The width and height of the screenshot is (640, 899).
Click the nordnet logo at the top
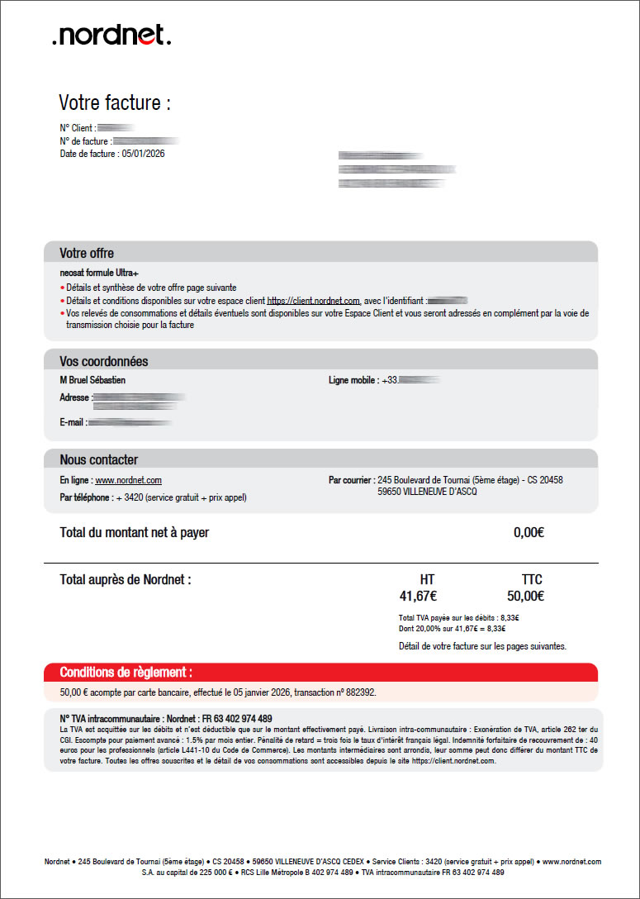[x=111, y=35]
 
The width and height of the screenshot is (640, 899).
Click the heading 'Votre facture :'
[x=115, y=103]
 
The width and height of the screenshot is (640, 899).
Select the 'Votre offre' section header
[x=87, y=253]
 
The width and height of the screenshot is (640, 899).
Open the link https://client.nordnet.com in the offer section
[x=314, y=301]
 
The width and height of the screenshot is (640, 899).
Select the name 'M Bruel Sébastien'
[x=93, y=380]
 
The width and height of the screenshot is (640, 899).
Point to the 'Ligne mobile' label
[x=353, y=380]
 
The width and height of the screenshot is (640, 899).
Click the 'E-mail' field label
[x=73, y=422]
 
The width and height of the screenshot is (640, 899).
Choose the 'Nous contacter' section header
[x=99, y=459]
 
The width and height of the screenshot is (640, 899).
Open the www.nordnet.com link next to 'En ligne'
[x=128, y=480]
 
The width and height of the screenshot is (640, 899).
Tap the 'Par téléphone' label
[x=86, y=497]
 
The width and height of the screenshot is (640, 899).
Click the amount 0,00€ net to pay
[x=529, y=533]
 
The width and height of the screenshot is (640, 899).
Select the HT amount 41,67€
[x=418, y=596]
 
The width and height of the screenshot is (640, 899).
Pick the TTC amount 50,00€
[x=525, y=596]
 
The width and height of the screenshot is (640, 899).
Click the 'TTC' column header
[x=532, y=579]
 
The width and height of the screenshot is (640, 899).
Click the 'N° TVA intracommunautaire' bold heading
[x=166, y=719]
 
